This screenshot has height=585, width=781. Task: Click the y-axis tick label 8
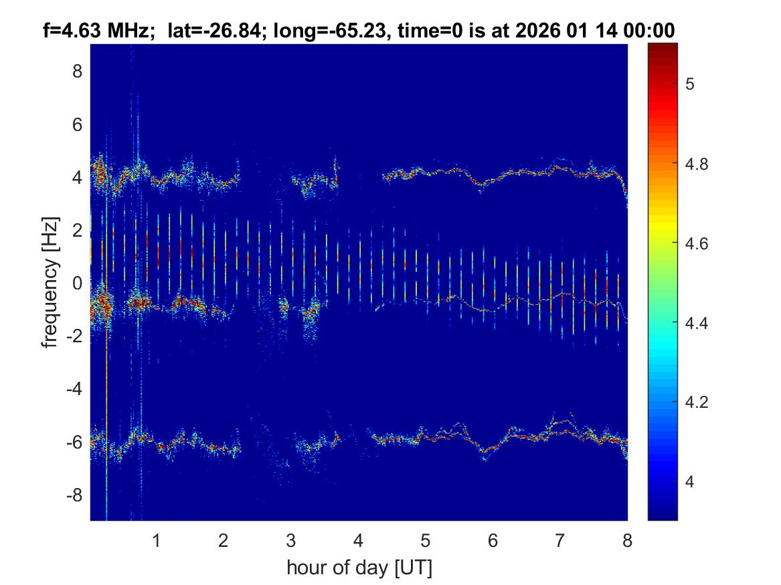78,71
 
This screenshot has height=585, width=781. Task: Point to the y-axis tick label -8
74,495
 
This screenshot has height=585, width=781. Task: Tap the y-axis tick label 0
78,283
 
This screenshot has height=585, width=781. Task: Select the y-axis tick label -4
74,389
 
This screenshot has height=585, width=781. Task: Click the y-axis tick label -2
74,336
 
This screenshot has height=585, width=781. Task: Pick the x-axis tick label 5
426,540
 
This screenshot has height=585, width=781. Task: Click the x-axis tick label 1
157,540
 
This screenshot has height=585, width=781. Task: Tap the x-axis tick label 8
626,540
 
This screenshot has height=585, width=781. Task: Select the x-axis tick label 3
291,540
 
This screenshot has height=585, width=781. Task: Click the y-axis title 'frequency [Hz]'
50,282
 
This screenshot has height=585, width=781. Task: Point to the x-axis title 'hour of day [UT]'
359,568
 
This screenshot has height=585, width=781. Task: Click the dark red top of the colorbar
663,48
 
